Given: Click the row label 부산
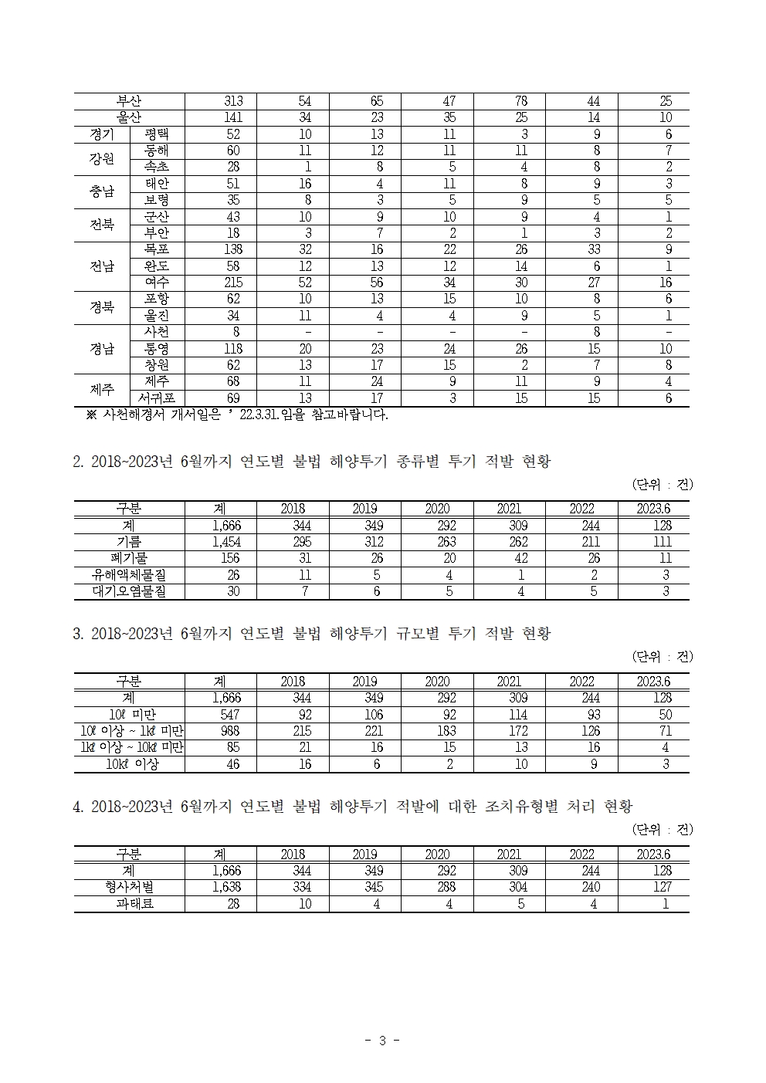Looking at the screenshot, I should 129,101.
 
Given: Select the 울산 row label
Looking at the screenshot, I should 129,117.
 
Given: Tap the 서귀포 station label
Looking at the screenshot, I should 157,398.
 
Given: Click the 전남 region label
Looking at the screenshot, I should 102,266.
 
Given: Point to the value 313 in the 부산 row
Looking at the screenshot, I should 233,101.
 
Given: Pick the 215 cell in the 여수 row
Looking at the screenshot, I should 233,283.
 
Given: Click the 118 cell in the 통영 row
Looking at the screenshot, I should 233,349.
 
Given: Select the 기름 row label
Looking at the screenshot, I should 129,542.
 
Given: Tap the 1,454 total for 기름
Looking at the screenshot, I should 227,542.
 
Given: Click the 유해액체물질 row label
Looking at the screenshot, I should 129,575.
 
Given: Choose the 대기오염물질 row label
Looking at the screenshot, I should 129,591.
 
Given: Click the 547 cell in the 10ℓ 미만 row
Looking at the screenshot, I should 231,715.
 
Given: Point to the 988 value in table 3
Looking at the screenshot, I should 231,731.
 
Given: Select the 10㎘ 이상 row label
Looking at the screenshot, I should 132,764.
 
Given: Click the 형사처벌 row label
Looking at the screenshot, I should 129,888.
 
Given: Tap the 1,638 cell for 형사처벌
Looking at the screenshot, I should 227,888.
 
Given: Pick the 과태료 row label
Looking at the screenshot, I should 129,904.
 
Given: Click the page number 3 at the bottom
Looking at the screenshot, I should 381,1041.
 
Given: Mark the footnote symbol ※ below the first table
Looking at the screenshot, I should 91,415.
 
